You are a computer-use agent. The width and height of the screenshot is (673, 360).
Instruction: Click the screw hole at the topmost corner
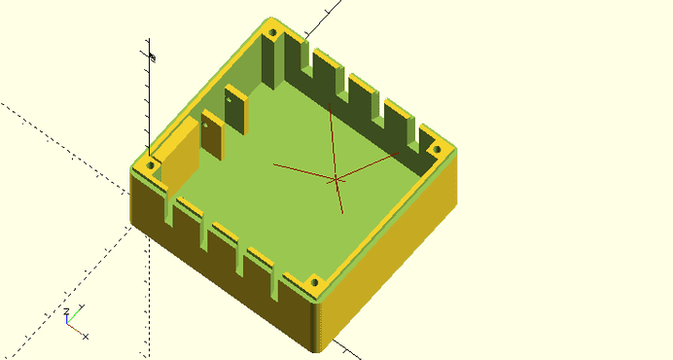click(x=272, y=33)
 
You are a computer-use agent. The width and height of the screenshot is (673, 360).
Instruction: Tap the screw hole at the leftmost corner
click(x=151, y=166)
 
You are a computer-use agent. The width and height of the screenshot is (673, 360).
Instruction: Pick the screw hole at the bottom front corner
click(x=314, y=283)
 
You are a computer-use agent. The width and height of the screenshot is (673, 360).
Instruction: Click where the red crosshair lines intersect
click(x=336, y=179)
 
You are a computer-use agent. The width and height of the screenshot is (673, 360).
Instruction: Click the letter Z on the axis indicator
click(x=67, y=312)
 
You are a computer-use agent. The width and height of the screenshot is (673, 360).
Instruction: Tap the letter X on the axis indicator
click(x=87, y=337)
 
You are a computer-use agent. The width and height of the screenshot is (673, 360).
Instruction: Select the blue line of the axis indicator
click(x=66, y=320)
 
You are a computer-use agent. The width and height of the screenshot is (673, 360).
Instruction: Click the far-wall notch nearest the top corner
click(x=309, y=57)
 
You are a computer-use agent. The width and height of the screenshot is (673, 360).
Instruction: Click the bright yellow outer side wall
click(x=389, y=263)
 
